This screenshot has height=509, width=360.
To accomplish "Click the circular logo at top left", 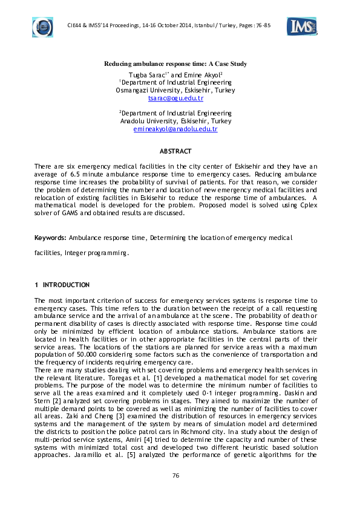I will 42,27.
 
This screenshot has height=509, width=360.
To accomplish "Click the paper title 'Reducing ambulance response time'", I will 175,64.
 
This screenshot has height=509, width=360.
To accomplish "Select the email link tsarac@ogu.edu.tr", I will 175,98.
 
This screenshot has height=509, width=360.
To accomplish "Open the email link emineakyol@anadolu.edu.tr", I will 175,129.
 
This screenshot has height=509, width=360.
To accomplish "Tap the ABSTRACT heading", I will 175,151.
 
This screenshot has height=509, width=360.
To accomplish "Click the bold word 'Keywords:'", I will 51,238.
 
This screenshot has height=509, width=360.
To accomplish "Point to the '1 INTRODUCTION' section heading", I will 62,285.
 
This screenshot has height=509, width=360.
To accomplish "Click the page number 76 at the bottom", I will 175,476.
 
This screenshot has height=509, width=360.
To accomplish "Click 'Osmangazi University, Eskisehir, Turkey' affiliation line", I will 175,90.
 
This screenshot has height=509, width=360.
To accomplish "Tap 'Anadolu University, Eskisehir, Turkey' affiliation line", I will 175,121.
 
